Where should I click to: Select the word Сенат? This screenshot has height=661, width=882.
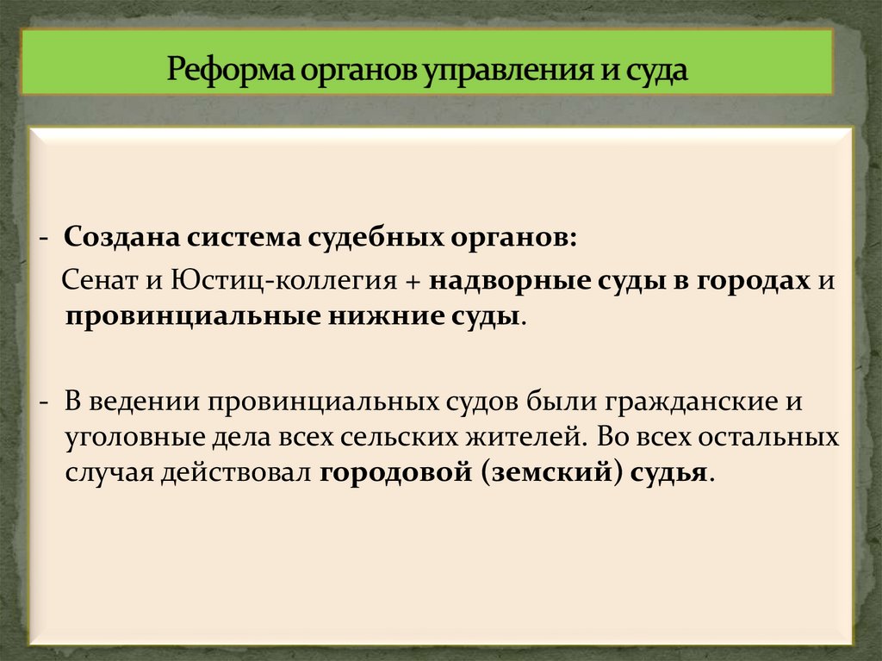(92, 282)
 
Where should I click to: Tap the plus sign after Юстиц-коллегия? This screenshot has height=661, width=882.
(413, 283)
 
